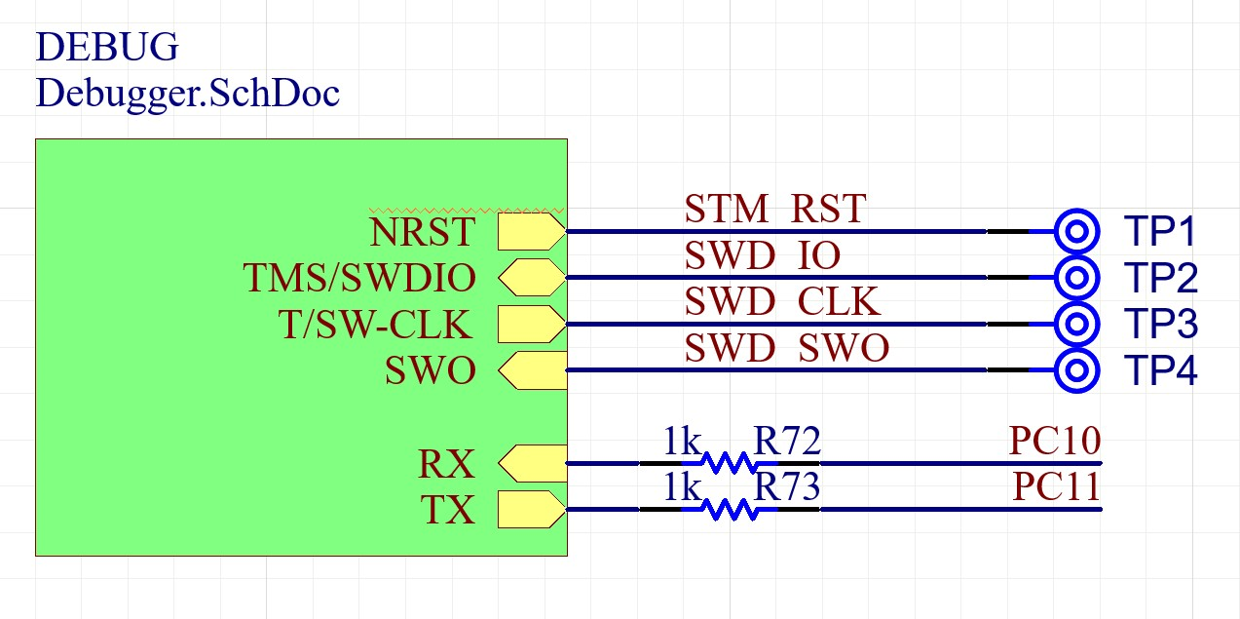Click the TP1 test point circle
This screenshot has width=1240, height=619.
pos(1076,231)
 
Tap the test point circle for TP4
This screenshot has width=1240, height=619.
pos(1076,370)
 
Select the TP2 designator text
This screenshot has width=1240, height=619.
pos(1160,279)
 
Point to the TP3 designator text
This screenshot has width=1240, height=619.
pos(1160,324)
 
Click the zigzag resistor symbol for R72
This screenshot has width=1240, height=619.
pos(729,463)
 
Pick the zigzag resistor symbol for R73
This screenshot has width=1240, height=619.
pos(729,509)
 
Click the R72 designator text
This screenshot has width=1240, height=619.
pos(787,443)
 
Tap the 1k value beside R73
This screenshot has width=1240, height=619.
pos(682,486)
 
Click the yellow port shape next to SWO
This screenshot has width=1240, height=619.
pos(531,370)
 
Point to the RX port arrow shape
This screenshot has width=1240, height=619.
pos(531,463)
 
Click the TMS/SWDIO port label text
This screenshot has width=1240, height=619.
pos(359,280)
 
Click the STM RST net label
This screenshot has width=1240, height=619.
pos(774,209)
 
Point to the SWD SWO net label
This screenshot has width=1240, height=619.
pos(786,348)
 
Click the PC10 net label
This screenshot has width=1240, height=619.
pos(1055,443)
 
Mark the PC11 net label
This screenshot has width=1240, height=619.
pos(1057,486)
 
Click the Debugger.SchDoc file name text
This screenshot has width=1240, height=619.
pos(187,94)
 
